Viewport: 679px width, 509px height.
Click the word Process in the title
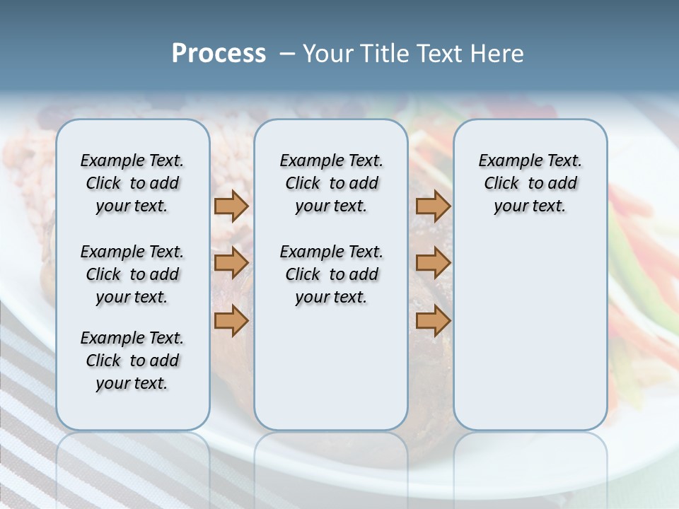coord(219,53)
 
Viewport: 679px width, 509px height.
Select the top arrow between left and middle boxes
coord(231,206)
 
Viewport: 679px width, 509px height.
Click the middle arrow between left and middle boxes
coord(231,263)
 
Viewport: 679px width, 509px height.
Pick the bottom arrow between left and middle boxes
coord(231,320)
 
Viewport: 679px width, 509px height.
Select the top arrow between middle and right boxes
coord(433,206)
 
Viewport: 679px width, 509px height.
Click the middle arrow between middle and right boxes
coord(433,263)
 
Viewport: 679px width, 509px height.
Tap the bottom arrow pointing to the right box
coord(433,320)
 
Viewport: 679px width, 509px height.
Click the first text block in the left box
coord(132,183)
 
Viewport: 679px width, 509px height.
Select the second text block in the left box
coord(132,274)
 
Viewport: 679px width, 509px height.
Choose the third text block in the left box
coord(132,361)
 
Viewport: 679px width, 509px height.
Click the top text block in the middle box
coord(331,183)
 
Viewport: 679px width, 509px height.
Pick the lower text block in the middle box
coord(331,274)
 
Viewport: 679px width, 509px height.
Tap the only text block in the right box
coord(530,183)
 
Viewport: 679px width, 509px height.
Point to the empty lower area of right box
coord(530,332)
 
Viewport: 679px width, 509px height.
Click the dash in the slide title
coord(286,54)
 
